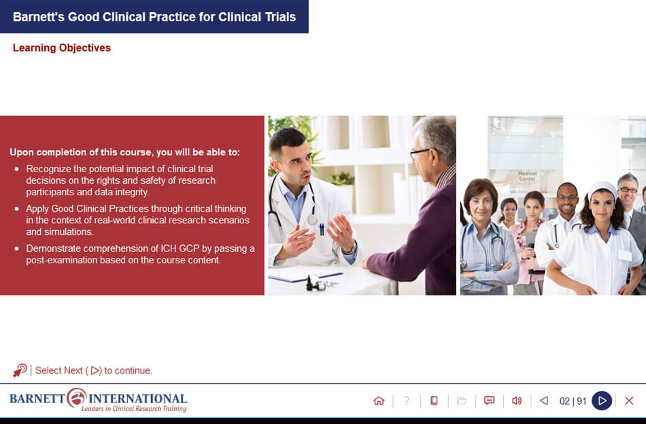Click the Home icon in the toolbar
(x=379, y=401)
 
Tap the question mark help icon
(x=407, y=401)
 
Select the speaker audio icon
(x=517, y=401)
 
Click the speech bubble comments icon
(x=489, y=401)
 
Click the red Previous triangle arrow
(x=543, y=401)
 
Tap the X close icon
(x=629, y=401)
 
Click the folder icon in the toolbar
(x=462, y=401)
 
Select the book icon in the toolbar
(x=434, y=401)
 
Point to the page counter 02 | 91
(x=573, y=402)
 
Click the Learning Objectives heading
(x=61, y=48)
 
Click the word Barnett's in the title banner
(x=38, y=17)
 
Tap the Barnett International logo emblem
(x=77, y=397)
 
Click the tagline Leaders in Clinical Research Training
(x=133, y=409)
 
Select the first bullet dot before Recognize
(x=17, y=168)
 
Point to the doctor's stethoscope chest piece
(x=312, y=219)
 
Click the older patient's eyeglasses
(x=420, y=152)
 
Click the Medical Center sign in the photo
(x=527, y=176)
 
